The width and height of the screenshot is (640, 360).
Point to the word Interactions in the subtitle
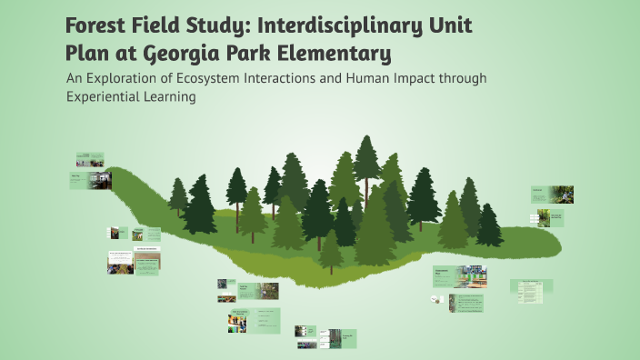[290, 79]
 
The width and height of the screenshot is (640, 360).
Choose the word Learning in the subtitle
[170, 98]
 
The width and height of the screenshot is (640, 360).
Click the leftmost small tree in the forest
[178, 195]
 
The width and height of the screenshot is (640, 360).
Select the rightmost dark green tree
[489, 225]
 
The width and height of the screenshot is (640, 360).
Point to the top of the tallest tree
[367, 138]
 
